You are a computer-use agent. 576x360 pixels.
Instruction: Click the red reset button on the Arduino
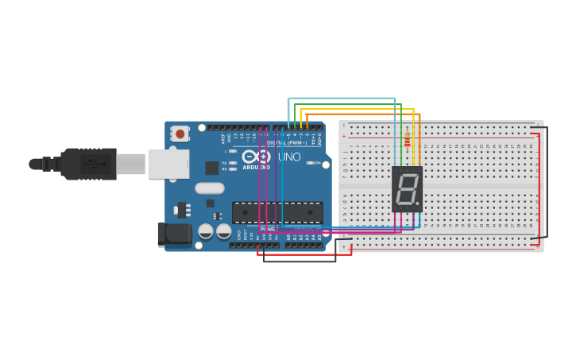click(x=180, y=134)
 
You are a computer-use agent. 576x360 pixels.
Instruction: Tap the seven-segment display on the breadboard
click(x=407, y=189)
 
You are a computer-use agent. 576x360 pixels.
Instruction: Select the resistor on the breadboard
click(x=408, y=140)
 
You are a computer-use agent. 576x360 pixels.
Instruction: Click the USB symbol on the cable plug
click(x=96, y=165)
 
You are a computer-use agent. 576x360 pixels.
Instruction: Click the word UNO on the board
click(x=289, y=157)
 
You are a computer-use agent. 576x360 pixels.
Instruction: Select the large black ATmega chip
click(x=277, y=212)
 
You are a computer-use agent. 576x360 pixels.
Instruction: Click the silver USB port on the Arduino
click(x=168, y=164)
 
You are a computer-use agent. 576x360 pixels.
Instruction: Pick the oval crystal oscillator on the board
click(x=209, y=188)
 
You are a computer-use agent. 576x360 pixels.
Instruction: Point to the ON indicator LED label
click(x=315, y=163)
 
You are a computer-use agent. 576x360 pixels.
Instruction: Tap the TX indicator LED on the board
click(x=233, y=162)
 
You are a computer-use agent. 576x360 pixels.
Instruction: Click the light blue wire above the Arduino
click(x=342, y=99)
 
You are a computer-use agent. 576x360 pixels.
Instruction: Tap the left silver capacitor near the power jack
click(x=205, y=231)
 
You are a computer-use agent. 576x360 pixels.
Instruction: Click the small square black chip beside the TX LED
click(x=212, y=168)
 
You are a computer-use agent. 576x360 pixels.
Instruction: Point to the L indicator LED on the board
click(x=233, y=151)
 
